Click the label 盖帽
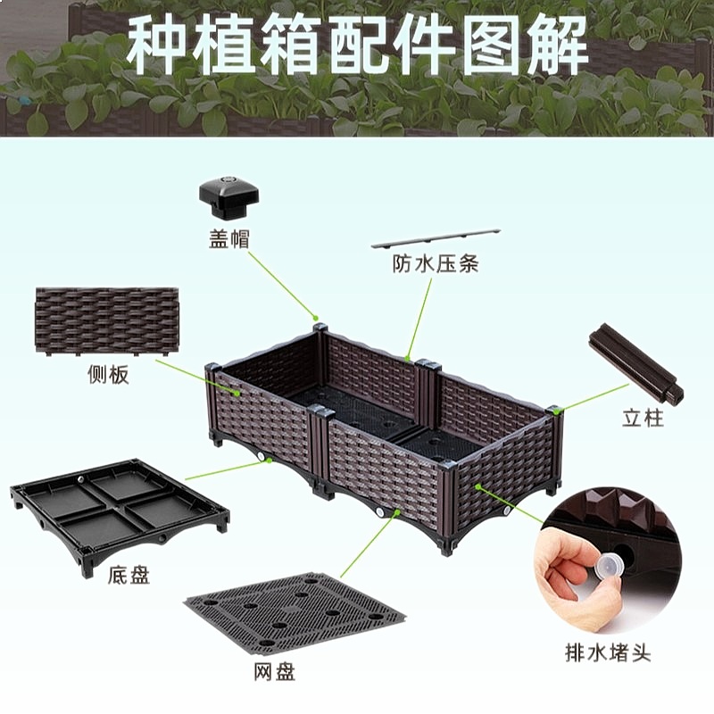pyautogui.click(x=229, y=238)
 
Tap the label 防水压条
pyautogui.click(x=436, y=263)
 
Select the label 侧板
pyautogui.click(x=108, y=375)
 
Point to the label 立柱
pyautogui.click(x=643, y=418)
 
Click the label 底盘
pyautogui.click(x=129, y=575)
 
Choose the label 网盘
pyautogui.click(x=275, y=672)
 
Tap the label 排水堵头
pyautogui.click(x=608, y=652)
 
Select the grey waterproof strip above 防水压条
pyautogui.click(x=436, y=238)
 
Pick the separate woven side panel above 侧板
pyautogui.click(x=106, y=321)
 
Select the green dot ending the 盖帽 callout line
pyautogui.click(x=314, y=318)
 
